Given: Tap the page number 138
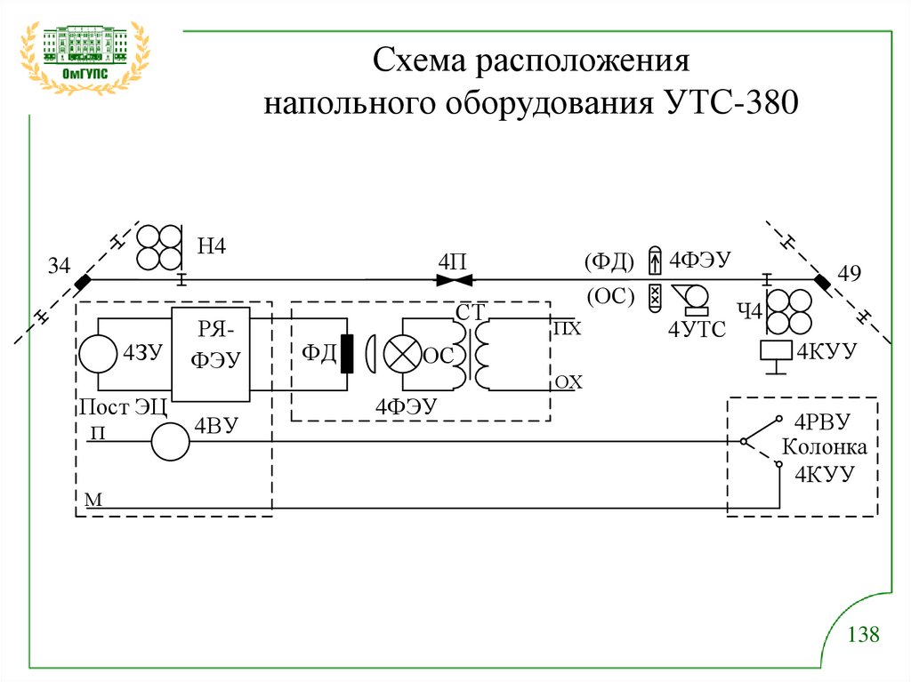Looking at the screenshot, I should (863, 635).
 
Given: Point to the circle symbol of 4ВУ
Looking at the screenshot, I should (170, 441).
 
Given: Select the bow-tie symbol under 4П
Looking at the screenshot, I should (454, 281).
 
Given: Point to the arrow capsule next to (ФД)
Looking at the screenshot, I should (655, 261).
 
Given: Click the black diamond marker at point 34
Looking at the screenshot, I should (83, 282).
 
